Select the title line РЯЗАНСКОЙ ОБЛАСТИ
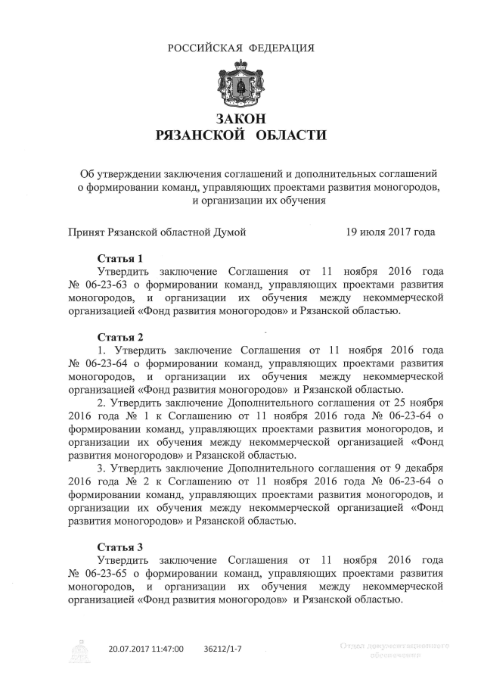point(241,135)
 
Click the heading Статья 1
point(119,259)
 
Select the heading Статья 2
point(119,336)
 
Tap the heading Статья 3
point(119,546)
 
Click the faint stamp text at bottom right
point(395,649)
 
